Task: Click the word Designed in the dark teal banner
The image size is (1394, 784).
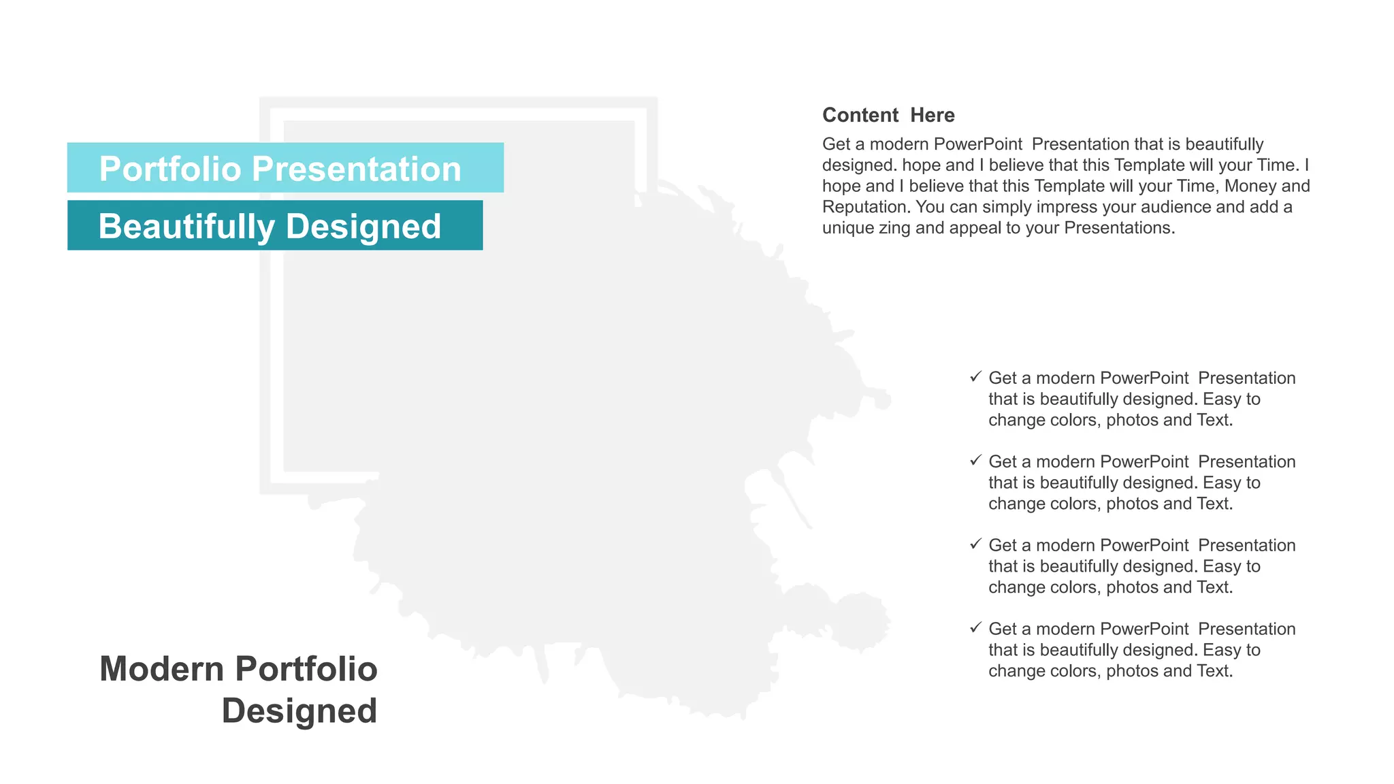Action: coord(363,227)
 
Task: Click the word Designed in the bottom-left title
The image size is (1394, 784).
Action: coord(299,710)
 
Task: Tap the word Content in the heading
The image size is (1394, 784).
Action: coord(860,115)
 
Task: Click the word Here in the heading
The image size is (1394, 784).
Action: coord(933,115)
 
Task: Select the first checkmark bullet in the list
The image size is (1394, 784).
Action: coord(975,376)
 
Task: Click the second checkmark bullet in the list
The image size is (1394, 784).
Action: coord(975,460)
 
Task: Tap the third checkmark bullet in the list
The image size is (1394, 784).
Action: coord(975,544)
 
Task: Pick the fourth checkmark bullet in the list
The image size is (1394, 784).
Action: coord(975,627)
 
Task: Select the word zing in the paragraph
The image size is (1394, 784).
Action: coord(894,228)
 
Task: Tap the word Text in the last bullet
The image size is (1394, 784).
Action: coord(1214,671)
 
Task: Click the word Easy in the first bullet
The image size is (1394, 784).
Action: coord(1222,399)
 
